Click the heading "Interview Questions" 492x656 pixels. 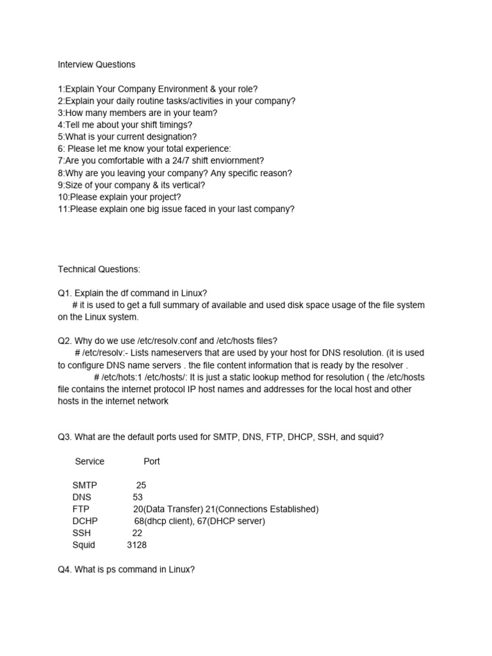pos(97,65)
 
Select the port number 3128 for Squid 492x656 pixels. pos(137,545)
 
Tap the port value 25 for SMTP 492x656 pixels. pos(142,485)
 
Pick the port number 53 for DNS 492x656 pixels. pos(138,497)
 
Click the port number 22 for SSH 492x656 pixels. pos(137,533)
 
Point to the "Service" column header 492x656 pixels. pos(90,461)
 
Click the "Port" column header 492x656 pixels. pos(152,461)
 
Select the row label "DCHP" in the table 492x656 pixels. pos(85,521)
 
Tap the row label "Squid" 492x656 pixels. pos(84,545)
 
